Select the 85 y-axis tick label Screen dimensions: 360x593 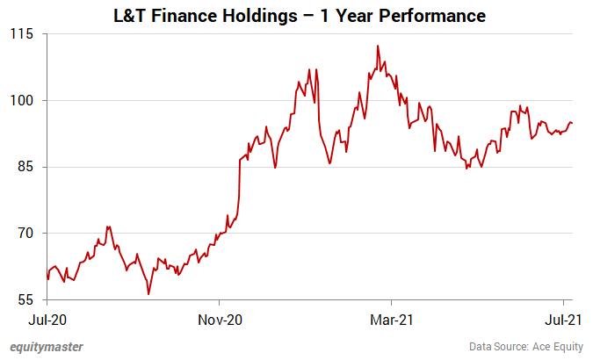[23, 167]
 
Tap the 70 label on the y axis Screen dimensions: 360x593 [23, 234]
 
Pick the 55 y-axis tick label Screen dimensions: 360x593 [23, 300]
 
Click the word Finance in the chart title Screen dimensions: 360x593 [186, 15]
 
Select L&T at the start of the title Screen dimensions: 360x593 [132, 15]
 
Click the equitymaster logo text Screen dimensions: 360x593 [47, 347]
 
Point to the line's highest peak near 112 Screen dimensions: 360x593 [377, 46]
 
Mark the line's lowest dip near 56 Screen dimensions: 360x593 [148, 294]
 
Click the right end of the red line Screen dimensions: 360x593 [573, 123]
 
